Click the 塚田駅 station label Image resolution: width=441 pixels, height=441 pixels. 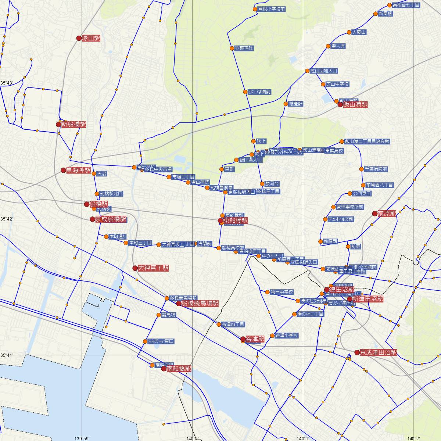point(91,38)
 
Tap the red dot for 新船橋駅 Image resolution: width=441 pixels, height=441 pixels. point(58,124)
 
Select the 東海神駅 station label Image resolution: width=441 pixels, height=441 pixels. point(78,170)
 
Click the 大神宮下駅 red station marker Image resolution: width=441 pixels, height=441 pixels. point(135,268)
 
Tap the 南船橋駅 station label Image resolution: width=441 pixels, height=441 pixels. point(179,369)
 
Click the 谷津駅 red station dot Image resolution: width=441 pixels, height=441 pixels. point(243,339)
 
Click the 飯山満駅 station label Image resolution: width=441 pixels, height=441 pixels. point(355,105)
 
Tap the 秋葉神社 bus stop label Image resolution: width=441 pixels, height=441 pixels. point(244,48)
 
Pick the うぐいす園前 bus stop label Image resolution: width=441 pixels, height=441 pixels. point(259,92)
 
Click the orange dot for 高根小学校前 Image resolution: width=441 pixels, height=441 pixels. point(255,9)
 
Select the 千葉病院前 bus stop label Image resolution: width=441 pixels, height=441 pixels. point(376,169)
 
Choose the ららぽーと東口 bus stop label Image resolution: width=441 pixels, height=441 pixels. point(161,341)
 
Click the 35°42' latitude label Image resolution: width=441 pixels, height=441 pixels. point(6,219)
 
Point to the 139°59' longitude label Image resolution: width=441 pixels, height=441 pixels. point(82,438)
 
